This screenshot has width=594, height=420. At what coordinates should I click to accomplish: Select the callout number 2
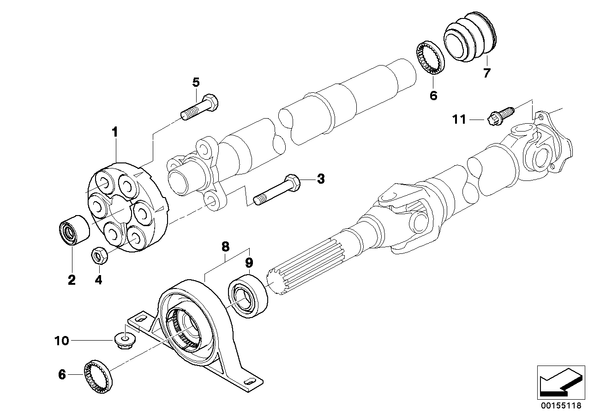click(72, 280)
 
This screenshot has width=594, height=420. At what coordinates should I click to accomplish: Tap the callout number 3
click(320, 179)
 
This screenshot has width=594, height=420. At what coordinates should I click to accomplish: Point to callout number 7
click(486, 73)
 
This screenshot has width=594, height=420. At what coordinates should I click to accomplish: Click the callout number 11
click(459, 120)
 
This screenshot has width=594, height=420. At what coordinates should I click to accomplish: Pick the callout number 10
click(61, 341)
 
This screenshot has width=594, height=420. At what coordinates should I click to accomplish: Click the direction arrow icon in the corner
click(558, 381)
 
